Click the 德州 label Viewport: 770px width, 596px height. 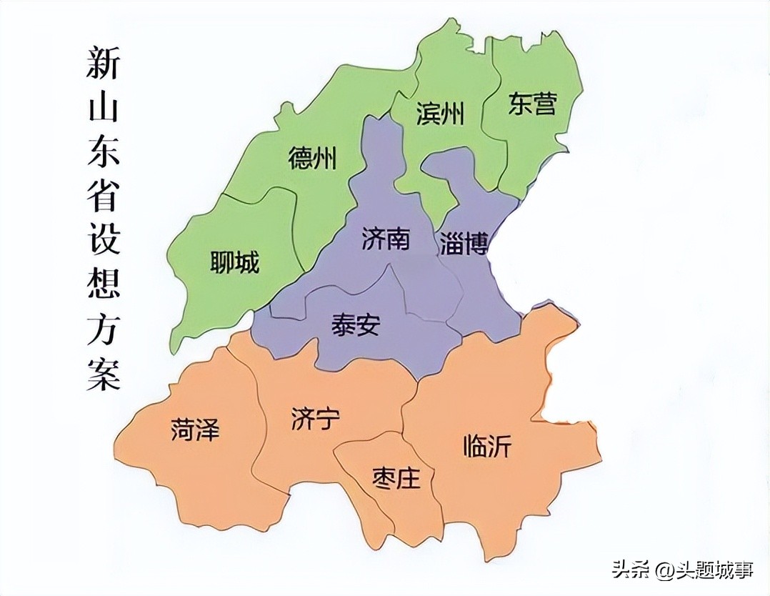click(312, 157)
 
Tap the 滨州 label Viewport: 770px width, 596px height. click(440, 114)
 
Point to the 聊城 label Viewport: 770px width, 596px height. click(234, 263)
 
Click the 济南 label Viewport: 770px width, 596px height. click(386, 239)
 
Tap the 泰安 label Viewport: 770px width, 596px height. click(356, 326)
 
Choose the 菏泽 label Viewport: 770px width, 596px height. click(195, 429)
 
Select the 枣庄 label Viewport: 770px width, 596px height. click(396, 477)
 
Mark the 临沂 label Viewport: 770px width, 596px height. click(487, 447)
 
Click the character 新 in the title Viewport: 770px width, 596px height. click(103, 64)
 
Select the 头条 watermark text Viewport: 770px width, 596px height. click(628, 570)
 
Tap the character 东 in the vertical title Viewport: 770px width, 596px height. click(103, 152)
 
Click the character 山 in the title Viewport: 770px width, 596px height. click(103, 109)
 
